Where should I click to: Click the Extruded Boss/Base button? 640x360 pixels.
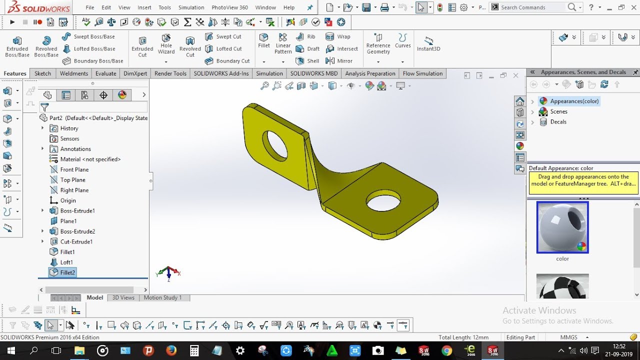(x=17, y=46)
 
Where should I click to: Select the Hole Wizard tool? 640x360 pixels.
(x=166, y=45)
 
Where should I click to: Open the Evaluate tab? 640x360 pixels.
(x=105, y=73)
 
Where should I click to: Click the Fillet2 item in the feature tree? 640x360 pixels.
(x=67, y=272)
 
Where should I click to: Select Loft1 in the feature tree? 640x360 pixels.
(x=66, y=262)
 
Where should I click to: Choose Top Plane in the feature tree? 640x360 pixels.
(x=72, y=180)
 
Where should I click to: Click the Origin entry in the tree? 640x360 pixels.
(x=68, y=200)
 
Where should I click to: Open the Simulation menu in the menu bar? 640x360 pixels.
(x=191, y=7)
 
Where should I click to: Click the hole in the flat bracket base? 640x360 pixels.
(x=383, y=201)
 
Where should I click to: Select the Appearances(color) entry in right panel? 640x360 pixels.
(x=574, y=101)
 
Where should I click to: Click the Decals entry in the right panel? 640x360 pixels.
(x=558, y=122)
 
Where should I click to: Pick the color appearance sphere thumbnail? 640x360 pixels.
(x=562, y=227)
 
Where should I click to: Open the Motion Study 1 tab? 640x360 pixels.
(x=162, y=297)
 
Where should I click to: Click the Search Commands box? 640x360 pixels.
(x=532, y=7)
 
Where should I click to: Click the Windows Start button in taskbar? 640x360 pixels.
(x=10, y=350)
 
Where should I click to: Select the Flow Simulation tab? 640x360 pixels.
(x=422, y=73)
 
